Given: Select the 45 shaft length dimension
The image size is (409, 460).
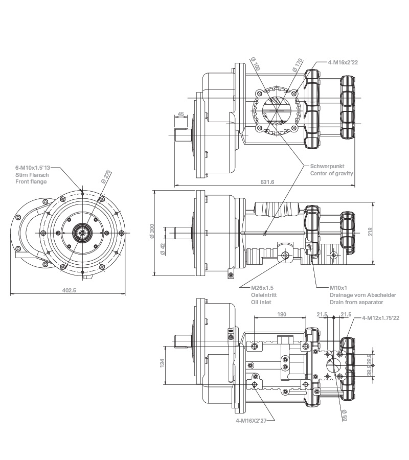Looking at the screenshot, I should (x=181, y=113).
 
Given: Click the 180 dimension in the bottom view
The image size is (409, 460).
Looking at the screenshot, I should (x=281, y=314).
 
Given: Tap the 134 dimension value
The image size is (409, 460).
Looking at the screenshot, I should (x=162, y=362).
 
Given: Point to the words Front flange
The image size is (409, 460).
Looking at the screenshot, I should (x=31, y=181).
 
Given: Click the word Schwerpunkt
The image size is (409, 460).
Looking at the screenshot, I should (x=326, y=166).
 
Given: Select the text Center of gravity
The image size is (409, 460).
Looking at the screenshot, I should (x=332, y=173).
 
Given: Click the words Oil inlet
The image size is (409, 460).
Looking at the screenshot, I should (x=261, y=302).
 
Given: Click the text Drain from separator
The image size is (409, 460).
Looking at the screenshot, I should (x=356, y=302).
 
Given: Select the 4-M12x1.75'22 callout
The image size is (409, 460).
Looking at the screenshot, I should (x=380, y=318).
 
